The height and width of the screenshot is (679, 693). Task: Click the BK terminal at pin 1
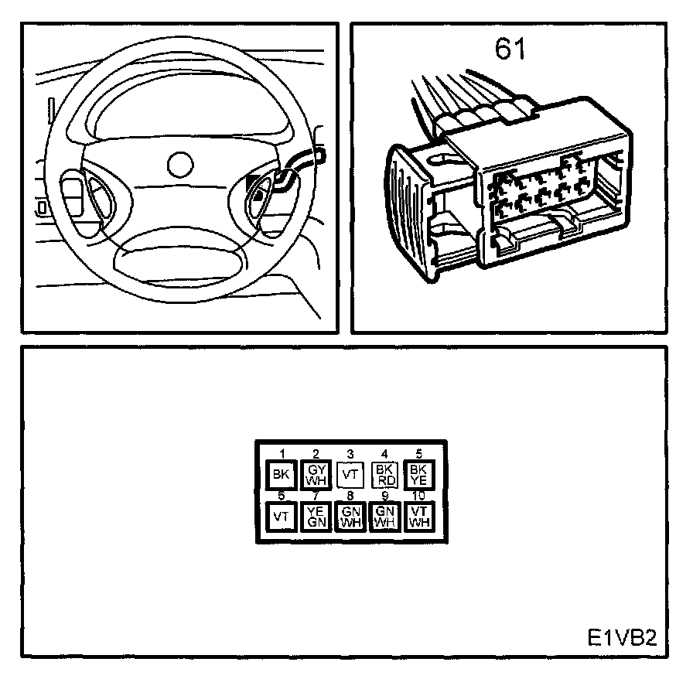pyautogui.click(x=279, y=474)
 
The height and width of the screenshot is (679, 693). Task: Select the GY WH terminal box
pyautogui.click(x=316, y=474)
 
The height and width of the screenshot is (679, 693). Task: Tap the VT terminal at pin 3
pyautogui.click(x=350, y=474)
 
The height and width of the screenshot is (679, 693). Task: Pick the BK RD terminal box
pyautogui.click(x=384, y=474)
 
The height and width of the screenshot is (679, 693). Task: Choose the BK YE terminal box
pyautogui.click(x=418, y=474)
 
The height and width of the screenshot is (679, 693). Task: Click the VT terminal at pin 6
pyautogui.click(x=279, y=515)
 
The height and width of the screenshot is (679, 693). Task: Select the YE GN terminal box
pyautogui.click(x=316, y=515)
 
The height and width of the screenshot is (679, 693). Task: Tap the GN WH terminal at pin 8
pyautogui.click(x=350, y=515)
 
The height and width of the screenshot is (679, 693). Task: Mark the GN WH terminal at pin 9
pyautogui.click(x=384, y=515)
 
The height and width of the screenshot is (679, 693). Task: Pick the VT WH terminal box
pyautogui.click(x=418, y=515)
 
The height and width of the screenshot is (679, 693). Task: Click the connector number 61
pyautogui.click(x=510, y=49)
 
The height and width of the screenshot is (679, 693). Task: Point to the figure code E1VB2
pyautogui.click(x=621, y=639)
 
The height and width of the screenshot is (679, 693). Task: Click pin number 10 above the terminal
pyautogui.click(x=418, y=495)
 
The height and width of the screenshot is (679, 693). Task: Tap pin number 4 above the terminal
pyautogui.click(x=384, y=454)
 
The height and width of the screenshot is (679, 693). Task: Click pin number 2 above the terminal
pyautogui.click(x=316, y=454)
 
